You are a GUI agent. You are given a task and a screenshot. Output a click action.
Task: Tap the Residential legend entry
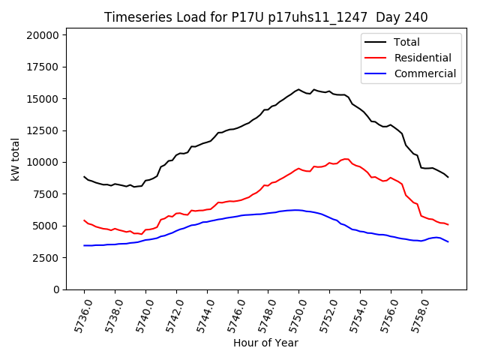point(422,58)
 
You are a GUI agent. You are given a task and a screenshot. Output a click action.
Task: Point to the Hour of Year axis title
point(265,343)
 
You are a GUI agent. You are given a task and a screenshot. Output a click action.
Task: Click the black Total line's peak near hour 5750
point(298,89)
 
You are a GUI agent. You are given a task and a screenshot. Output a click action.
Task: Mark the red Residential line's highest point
point(345,159)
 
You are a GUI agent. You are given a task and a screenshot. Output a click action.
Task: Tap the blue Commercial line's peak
point(296,210)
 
